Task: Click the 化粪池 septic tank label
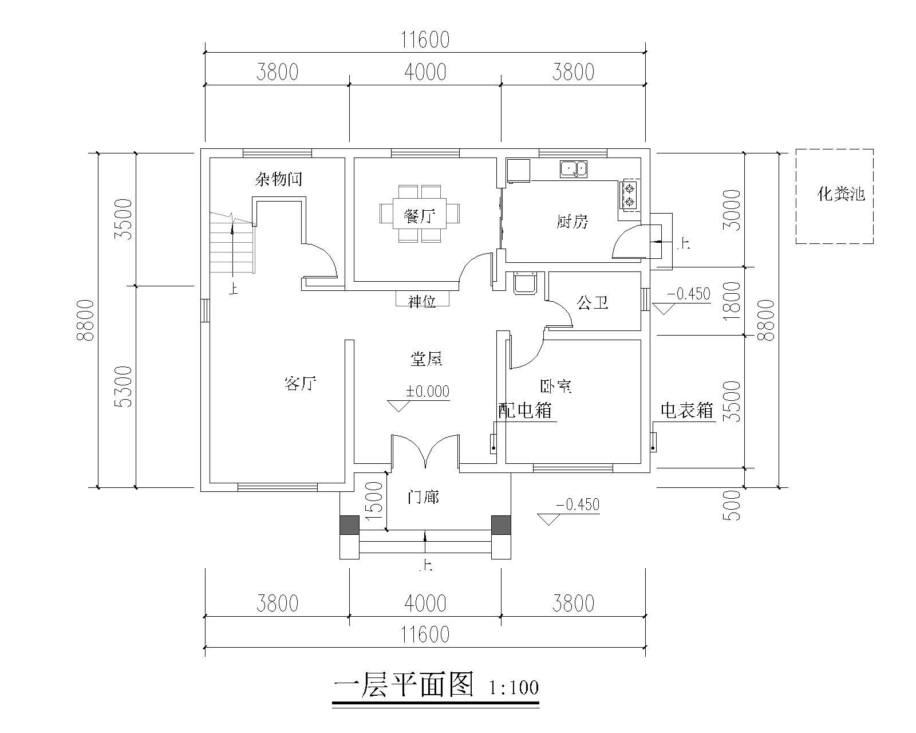[x=840, y=195]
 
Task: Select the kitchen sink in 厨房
[x=574, y=168]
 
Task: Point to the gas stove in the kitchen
[x=629, y=195]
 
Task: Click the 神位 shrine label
[x=422, y=301]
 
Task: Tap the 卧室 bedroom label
[x=556, y=386]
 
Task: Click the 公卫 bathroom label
[x=592, y=302]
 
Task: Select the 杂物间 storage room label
[x=278, y=179]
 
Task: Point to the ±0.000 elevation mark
[x=428, y=392]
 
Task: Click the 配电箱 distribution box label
[x=524, y=410]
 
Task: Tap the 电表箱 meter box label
[x=686, y=410]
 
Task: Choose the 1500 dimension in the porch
[x=373, y=500]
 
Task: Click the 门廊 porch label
[x=423, y=497]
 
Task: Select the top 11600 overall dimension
[x=425, y=40]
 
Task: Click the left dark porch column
[x=349, y=525]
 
